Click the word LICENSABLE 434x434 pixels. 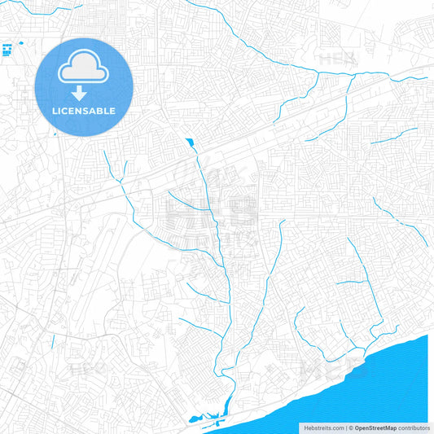click(84, 111)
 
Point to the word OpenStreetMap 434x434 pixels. click(375, 427)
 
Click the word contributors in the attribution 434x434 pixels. click(414, 427)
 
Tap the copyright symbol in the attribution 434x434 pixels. click(350, 427)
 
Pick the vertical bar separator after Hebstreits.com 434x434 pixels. click(345, 427)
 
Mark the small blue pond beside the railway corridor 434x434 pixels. click(190, 143)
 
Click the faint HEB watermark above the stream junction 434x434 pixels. click(335, 59)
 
